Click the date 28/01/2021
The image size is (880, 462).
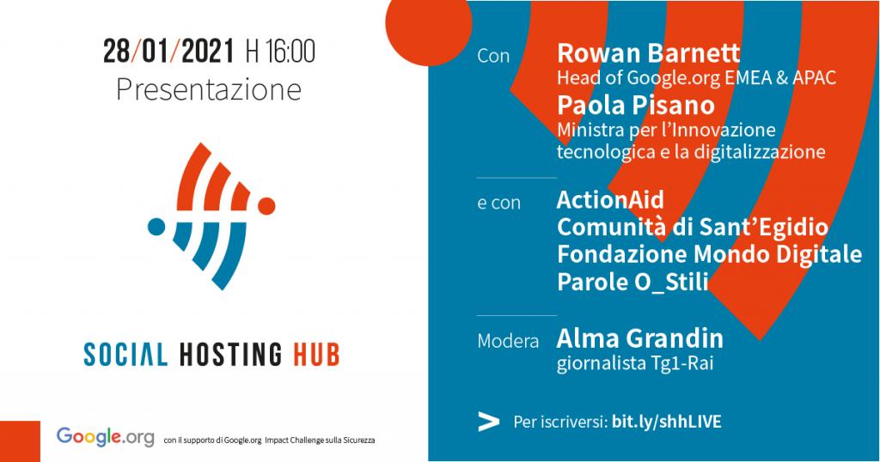click(168, 52)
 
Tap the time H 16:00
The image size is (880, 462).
click(280, 52)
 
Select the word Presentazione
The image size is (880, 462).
click(209, 89)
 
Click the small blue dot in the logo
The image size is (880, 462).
click(156, 227)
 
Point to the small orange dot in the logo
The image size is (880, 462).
click(266, 206)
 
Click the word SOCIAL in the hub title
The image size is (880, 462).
click(125, 355)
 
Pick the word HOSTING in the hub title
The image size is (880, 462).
click(230, 355)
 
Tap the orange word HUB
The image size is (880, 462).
click(316, 355)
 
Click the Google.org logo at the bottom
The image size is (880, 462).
click(105, 437)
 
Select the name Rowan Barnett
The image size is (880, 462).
click(648, 53)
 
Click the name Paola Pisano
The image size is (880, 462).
click(636, 106)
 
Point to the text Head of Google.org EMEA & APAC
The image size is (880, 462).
click(696, 78)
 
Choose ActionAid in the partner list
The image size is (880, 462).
click(610, 199)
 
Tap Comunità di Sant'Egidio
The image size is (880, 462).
click(693, 227)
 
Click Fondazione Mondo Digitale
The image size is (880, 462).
click(709, 254)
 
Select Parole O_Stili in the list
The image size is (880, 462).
click(632, 282)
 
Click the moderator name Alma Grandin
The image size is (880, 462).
click(639, 338)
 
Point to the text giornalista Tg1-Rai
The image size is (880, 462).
click(635, 363)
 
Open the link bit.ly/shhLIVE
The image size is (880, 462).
click(666, 422)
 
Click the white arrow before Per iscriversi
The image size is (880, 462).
click(488, 422)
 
